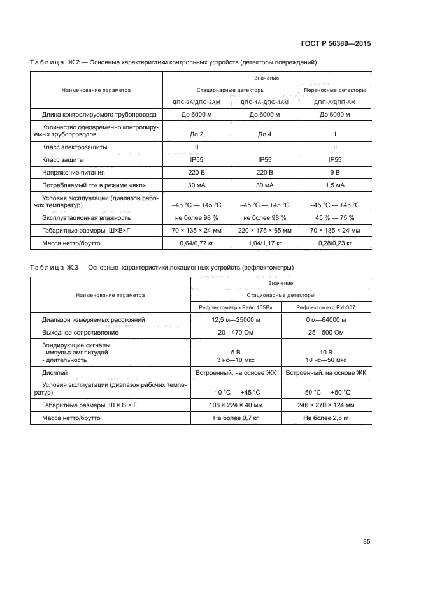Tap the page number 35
(x=366, y=541)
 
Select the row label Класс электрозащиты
(x=71, y=147)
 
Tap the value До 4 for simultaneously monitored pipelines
(x=265, y=134)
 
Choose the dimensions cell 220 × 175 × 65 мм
(x=265, y=230)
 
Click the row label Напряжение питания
(x=73, y=173)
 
